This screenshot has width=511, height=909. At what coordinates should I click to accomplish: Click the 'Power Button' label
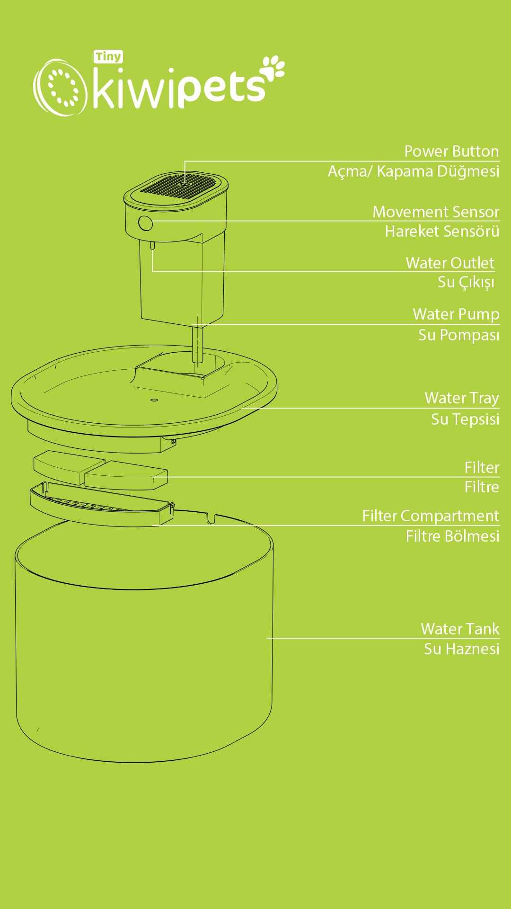point(451,151)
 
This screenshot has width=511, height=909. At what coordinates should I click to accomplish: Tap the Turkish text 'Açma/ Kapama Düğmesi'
point(414,171)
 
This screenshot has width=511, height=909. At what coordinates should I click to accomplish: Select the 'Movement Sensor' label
point(436,212)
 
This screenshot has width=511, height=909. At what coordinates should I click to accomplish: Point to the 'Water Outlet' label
point(450,263)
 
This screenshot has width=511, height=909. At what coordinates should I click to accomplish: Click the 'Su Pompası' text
point(459,335)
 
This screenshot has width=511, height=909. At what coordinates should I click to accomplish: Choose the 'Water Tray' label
point(462,398)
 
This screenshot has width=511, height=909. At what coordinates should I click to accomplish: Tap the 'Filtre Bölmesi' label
point(452,536)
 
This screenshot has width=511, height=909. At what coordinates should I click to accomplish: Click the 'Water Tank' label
point(460,629)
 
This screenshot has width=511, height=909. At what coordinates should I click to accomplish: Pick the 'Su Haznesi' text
point(461,649)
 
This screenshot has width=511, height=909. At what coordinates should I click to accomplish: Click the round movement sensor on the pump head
point(146,223)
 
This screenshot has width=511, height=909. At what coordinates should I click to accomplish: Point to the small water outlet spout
point(152,245)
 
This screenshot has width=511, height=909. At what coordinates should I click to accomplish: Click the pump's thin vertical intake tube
point(198,344)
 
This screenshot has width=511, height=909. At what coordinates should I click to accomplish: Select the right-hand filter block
point(126,475)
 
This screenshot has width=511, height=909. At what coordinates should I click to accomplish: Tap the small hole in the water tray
point(154,400)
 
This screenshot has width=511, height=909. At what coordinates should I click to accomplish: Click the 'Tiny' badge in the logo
point(108,57)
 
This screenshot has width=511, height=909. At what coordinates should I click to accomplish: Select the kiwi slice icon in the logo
point(60,88)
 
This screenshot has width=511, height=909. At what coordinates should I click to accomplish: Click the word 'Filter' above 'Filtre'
point(482,468)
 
